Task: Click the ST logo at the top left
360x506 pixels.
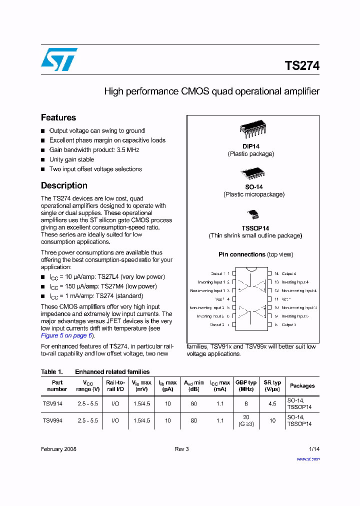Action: pyautogui.click(x=59, y=59)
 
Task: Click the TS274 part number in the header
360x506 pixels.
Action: pyautogui.click(x=302, y=66)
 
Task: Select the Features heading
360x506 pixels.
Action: pyautogui.click(x=58, y=117)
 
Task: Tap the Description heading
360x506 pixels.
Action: pyautogui.click(x=64, y=185)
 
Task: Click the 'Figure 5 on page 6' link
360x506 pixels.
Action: pyautogui.click(x=67, y=335)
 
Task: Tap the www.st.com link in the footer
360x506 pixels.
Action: pyautogui.click(x=308, y=458)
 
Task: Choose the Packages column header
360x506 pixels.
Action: pyautogui.click(x=302, y=386)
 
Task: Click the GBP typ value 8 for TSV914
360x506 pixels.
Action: pyautogui.click(x=246, y=404)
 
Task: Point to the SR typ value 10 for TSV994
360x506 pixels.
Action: pyautogui.click(x=272, y=421)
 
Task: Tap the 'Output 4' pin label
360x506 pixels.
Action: pyautogui.click(x=288, y=274)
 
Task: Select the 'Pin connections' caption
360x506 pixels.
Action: pyautogui.click(x=242, y=254)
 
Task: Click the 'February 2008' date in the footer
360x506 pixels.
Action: pyautogui.click(x=58, y=449)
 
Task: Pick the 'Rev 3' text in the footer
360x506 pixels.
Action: pyautogui.click(x=181, y=449)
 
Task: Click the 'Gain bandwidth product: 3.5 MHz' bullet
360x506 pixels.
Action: pyautogui.click(x=94, y=150)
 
